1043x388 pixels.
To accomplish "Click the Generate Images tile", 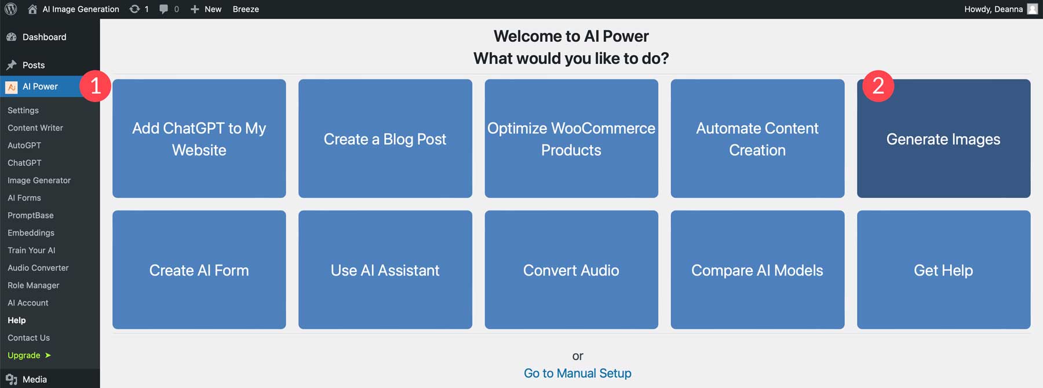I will click(943, 139).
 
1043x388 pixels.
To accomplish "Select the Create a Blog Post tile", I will click(385, 139).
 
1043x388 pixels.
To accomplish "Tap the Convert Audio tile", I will click(571, 270).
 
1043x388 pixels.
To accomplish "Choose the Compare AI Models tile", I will click(757, 270).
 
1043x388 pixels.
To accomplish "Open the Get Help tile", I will click(943, 270).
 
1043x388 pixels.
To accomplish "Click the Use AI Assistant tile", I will click(385, 270).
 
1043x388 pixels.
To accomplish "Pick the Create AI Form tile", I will click(199, 270).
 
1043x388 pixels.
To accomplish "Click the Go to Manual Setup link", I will click(577, 373).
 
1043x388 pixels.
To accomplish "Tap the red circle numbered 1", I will click(96, 86).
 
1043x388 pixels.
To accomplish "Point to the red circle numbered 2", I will click(878, 86).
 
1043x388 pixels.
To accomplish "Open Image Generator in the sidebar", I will click(39, 180).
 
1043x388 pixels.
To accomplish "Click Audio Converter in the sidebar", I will click(38, 268).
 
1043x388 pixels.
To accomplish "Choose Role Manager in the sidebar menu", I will click(33, 285).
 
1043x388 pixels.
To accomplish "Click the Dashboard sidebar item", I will click(43, 37).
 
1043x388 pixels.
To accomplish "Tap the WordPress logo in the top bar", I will click(11, 9).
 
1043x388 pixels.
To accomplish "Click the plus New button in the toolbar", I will click(206, 9).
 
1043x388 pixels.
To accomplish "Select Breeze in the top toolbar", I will click(246, 9).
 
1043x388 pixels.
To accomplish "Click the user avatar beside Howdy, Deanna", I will click(1032, 9).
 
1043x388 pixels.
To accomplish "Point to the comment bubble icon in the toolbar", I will click(164, 9).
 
